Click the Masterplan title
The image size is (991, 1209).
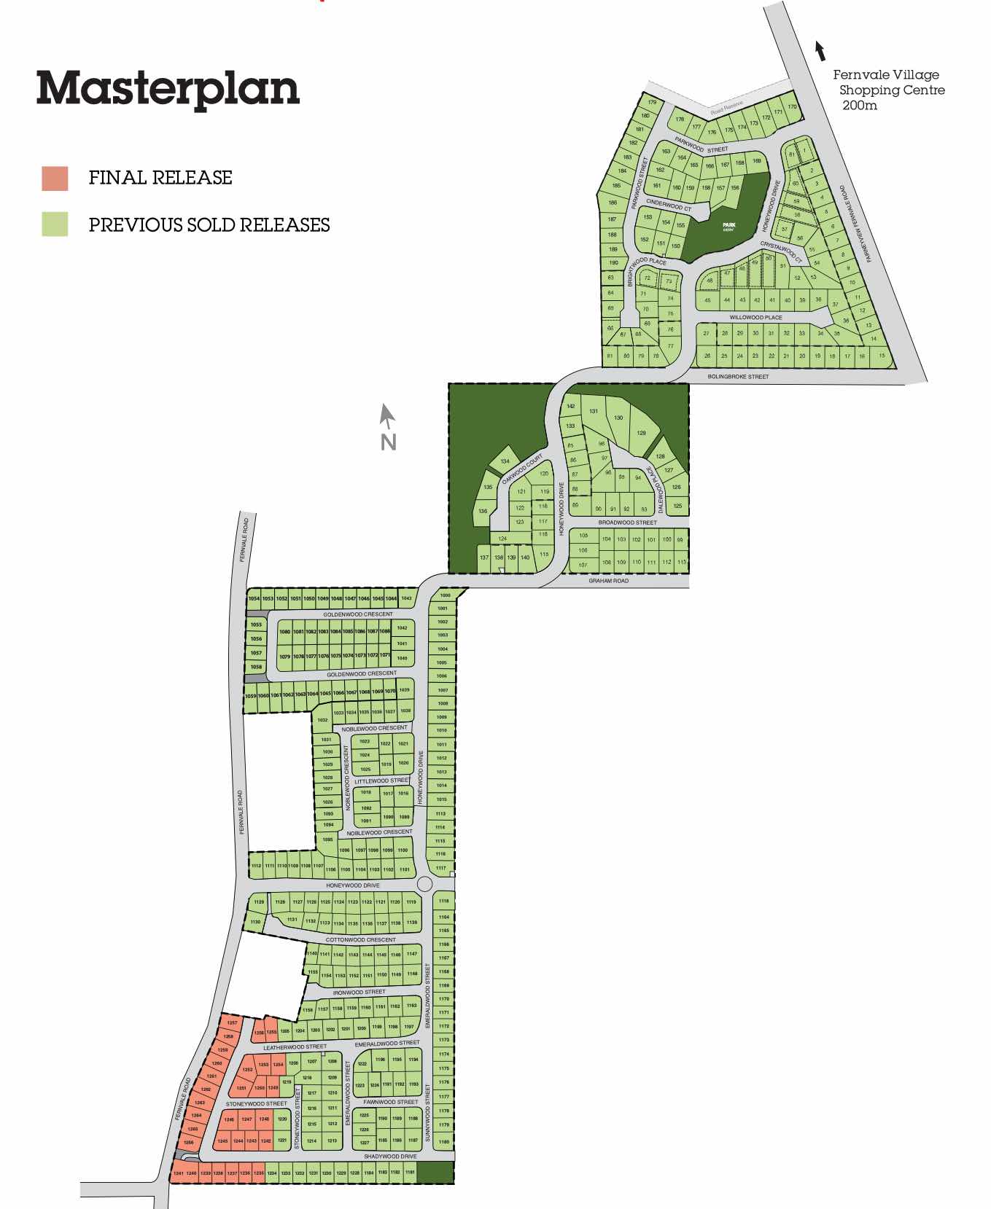[168, 89]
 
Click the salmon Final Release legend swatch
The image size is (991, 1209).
[55, 179]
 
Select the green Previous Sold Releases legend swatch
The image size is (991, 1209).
[55, 224]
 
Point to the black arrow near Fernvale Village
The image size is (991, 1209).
[820, 51]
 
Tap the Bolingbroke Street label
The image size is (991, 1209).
[738, 377]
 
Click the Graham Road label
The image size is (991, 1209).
[608, 581]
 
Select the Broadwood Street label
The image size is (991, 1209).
[627, 523]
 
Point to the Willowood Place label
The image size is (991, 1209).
[755, 318]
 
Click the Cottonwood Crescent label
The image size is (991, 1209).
[360, 940]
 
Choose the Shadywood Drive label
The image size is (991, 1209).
[390, 1157]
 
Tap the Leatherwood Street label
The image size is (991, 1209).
[295, 1047]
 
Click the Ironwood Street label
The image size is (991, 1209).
[359, 992]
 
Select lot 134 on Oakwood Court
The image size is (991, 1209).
[505, 461]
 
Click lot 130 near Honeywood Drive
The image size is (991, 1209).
[618, 418]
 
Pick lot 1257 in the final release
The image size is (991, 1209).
[233, 1023]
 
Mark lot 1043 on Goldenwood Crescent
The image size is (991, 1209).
[406, 598]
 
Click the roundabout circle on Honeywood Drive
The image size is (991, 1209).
[424, 884]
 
